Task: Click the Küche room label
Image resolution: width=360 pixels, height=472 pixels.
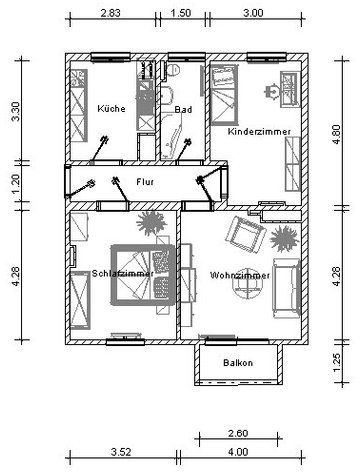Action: point(111,109)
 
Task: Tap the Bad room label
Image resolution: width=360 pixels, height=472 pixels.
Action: point(183,109)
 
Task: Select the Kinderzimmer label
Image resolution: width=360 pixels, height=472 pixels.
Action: point(259,132)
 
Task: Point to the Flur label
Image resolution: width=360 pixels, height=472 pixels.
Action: point(145,182)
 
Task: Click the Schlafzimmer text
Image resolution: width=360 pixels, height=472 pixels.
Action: point(123,274)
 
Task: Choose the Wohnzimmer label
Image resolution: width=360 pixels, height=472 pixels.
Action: point(240,276)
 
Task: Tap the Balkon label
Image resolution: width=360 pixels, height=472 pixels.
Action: point(238,363)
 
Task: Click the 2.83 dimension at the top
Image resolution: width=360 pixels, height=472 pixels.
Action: point(110,13)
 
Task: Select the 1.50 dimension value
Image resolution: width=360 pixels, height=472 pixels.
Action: point(181,13)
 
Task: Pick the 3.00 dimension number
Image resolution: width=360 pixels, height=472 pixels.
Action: point(253,13)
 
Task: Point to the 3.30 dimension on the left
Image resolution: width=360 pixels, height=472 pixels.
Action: point(16,112)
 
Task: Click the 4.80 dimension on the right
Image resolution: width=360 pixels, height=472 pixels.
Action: point(337,134)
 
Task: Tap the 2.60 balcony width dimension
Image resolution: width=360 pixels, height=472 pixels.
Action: point(238,433)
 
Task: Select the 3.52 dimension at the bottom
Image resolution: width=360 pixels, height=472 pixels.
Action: point(121,452)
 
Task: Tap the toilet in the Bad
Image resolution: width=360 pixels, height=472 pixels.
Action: point(173,70)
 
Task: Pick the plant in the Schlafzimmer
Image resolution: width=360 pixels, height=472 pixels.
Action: point(151,223)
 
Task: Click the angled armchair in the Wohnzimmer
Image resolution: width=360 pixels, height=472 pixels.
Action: point(246,234)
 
